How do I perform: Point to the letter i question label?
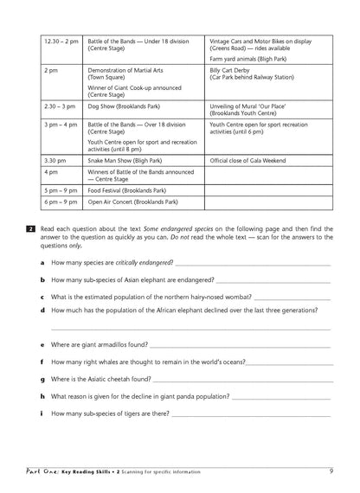[42, 413]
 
